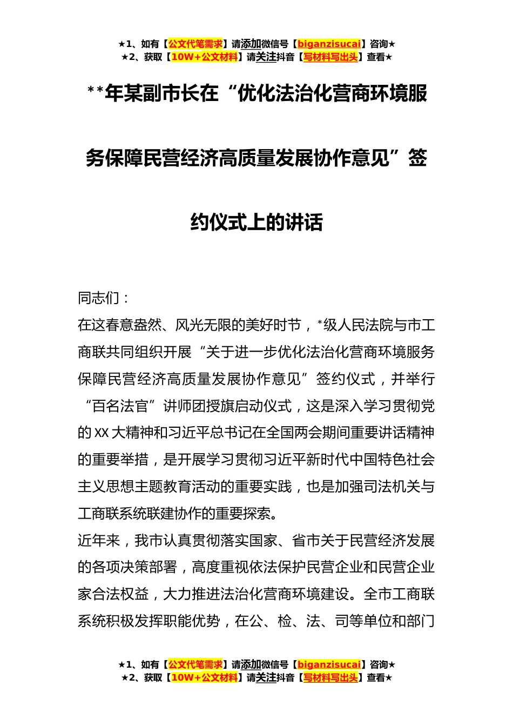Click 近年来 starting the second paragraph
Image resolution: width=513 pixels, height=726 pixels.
click(x=99, y=541)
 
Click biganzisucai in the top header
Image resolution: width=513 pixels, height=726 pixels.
click(x=329, y=44)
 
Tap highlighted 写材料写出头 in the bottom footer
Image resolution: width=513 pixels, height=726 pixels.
click(x=330, y=678)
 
